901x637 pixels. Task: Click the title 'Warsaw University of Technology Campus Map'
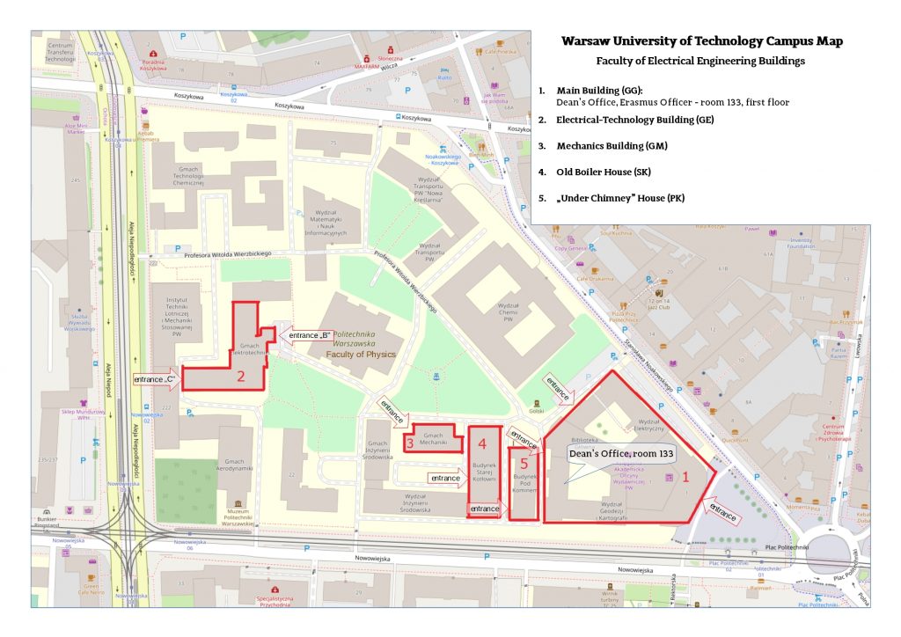click(x=701, y=41)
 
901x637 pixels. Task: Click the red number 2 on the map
click(x=240, y=377)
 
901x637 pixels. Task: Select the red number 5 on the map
click(x=524, y=463)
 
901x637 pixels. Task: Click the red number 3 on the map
click(x=410, y=443)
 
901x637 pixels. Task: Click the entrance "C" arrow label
click(x=157, y=380)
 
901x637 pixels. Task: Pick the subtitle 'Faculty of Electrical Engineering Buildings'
click(x=700, y=62)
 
